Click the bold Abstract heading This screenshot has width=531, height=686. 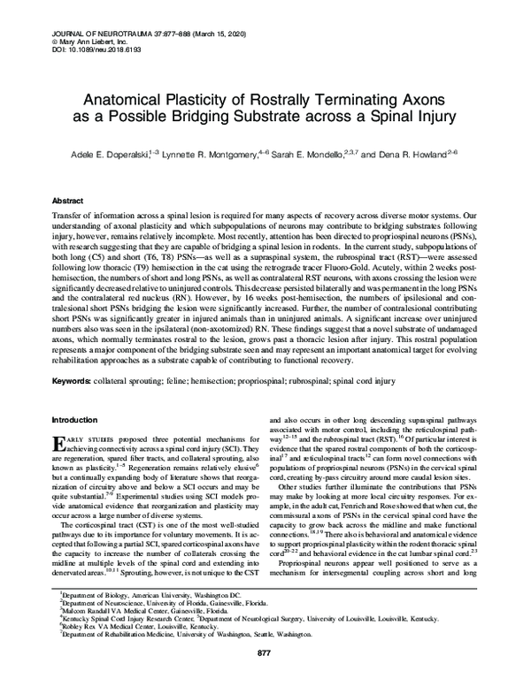coord(71,201)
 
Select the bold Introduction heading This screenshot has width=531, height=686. coord(78,419)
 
